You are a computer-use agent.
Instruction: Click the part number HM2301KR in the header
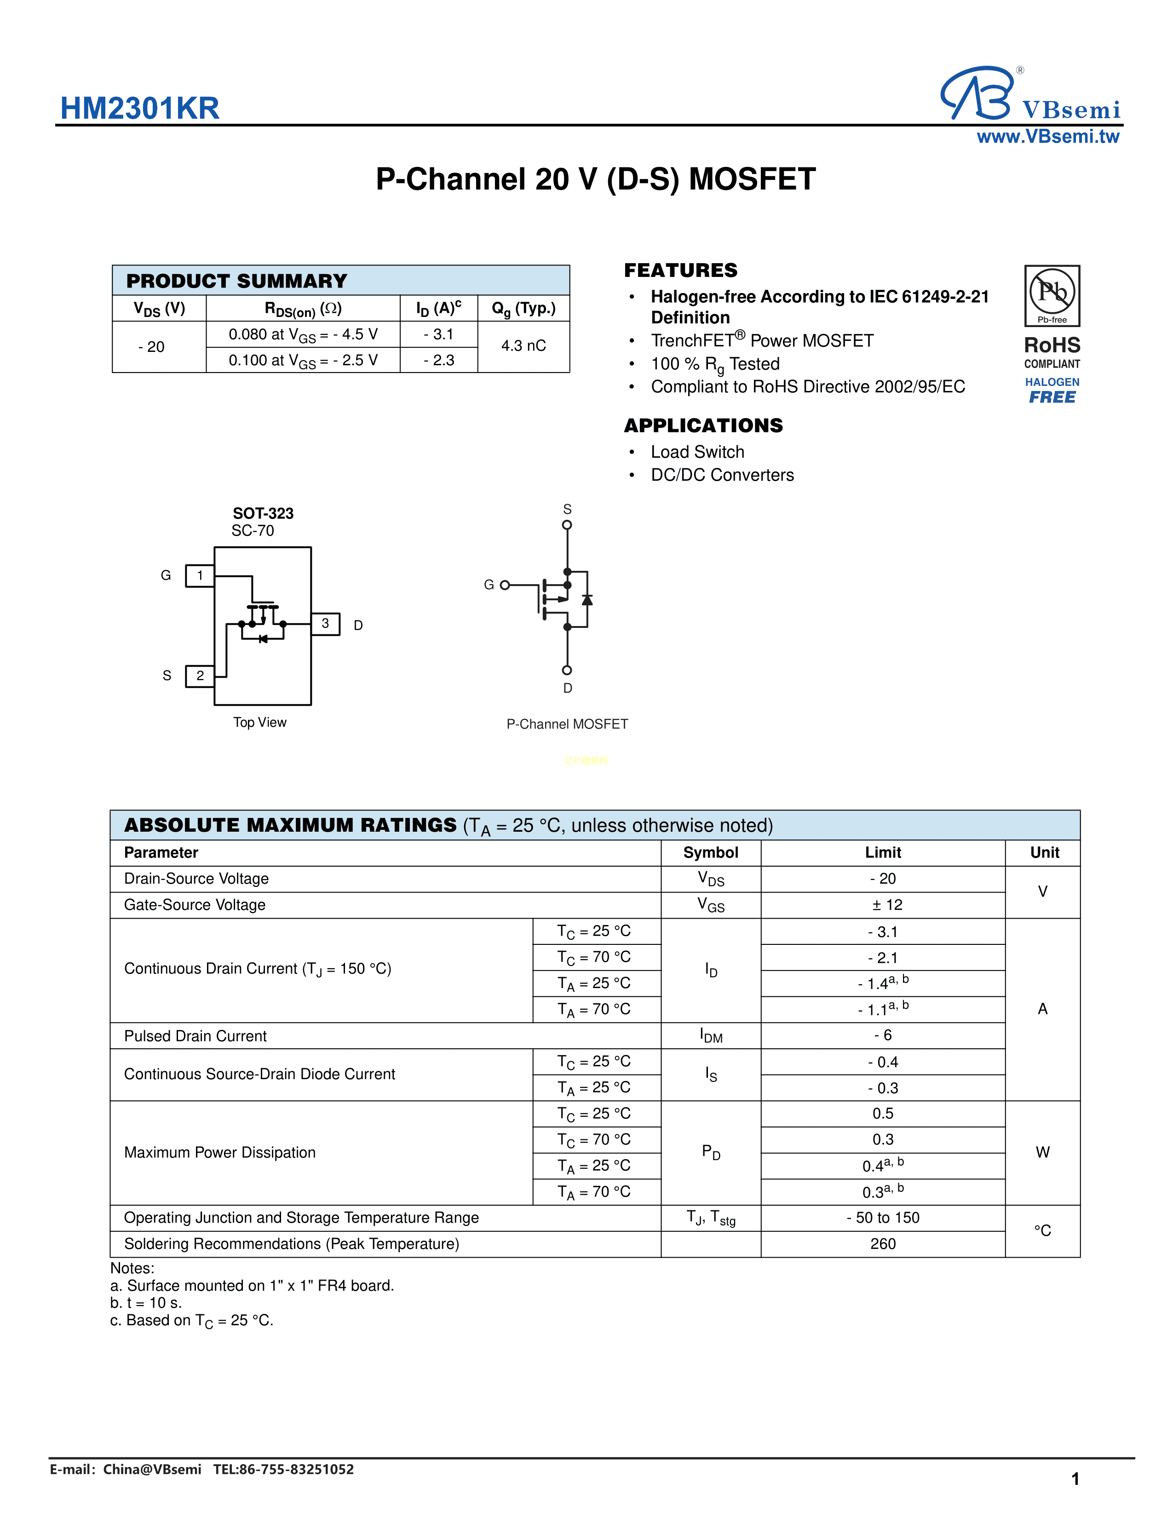click(x=140, y=109)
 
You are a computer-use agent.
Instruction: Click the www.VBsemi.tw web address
click(x=1047, y=137)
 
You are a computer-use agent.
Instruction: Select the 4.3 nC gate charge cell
click(x=523, y=345)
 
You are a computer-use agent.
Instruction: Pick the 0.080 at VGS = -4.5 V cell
click(x=303, y=334)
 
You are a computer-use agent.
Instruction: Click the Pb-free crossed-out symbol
click(x=1052, y=292)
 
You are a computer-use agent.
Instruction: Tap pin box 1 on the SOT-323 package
click(x=200, y=575)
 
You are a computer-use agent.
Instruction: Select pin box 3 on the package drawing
click(x=325, y=623)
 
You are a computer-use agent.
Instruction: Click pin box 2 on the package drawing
click(x=200, y=676)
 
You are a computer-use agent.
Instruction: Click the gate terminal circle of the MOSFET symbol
click(x=505, y=585)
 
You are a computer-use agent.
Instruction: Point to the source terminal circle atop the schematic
click(x=567, y=525)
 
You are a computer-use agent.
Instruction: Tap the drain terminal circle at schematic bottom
click(x=567, y=670)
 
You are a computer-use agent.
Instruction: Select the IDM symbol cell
click(x=711, y=1035)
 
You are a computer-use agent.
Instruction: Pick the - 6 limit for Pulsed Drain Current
click(x=883, y=1035)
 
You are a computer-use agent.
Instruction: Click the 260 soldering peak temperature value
click(x=883, y=1244)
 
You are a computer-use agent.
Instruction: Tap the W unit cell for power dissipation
click(x=1042, y=1152)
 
